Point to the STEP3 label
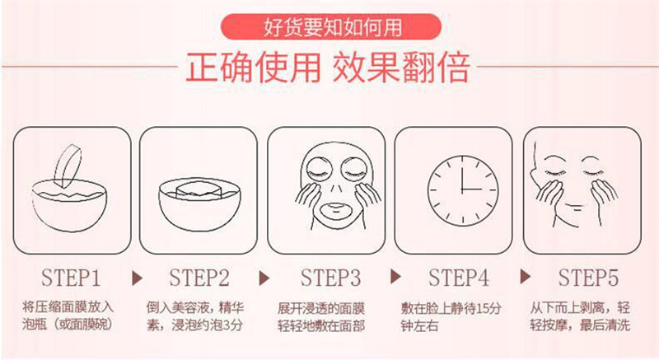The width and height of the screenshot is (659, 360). coord(330,275)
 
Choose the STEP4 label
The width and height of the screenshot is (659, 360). coord(459,275)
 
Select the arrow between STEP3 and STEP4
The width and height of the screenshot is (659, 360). coord(395,275)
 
